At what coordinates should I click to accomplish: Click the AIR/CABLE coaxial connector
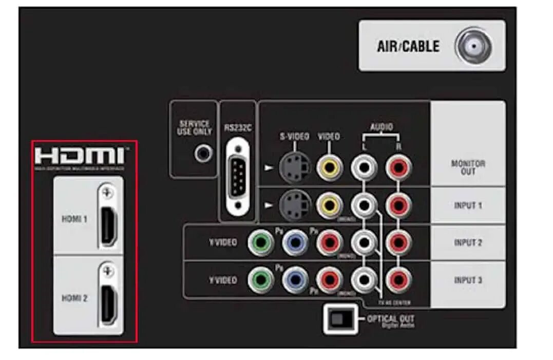(x=474, y=47)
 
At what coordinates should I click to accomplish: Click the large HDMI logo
(x=79, y=156)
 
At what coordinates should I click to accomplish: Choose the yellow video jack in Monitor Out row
(x=329, y=167)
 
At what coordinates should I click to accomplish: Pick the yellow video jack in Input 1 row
(x=329, y=205)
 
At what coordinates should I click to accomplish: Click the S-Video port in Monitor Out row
(x=294, y=167)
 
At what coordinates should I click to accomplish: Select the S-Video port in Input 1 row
(x=294, y=205)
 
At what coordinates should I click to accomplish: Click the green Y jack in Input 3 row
(x=261, y=280)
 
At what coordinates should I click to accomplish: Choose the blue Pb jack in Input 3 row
(x=295, y=280)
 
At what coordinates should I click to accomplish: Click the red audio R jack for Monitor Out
(x=399, y=167)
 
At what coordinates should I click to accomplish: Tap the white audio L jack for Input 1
(x=364, y=205)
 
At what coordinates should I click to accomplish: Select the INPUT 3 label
(x=468, y=280)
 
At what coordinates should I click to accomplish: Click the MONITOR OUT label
(x=468, y=167)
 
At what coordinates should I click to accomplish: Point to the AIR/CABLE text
(x=408, y=47)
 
